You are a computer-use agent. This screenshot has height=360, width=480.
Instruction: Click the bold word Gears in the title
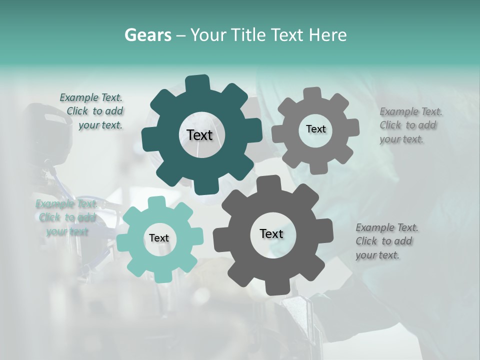click(x=148, y=35)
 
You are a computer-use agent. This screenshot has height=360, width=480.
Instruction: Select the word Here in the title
click(x=328, y=35)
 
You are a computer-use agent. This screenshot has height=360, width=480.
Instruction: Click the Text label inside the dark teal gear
click(x=199, y=135)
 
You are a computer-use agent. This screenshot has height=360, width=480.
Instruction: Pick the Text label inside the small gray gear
click(x=315, y=129)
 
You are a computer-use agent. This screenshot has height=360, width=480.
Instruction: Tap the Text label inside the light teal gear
click(x=159, y=238)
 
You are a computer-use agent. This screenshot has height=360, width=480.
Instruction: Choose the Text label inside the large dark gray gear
click(x=271, y=233)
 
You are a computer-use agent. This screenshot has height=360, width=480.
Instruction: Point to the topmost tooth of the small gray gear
click(x=312, y=93)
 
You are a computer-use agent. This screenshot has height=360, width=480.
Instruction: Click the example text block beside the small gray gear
click(x=410, y=125)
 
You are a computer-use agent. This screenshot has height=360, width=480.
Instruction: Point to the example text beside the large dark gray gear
click(x=386, y=241)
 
